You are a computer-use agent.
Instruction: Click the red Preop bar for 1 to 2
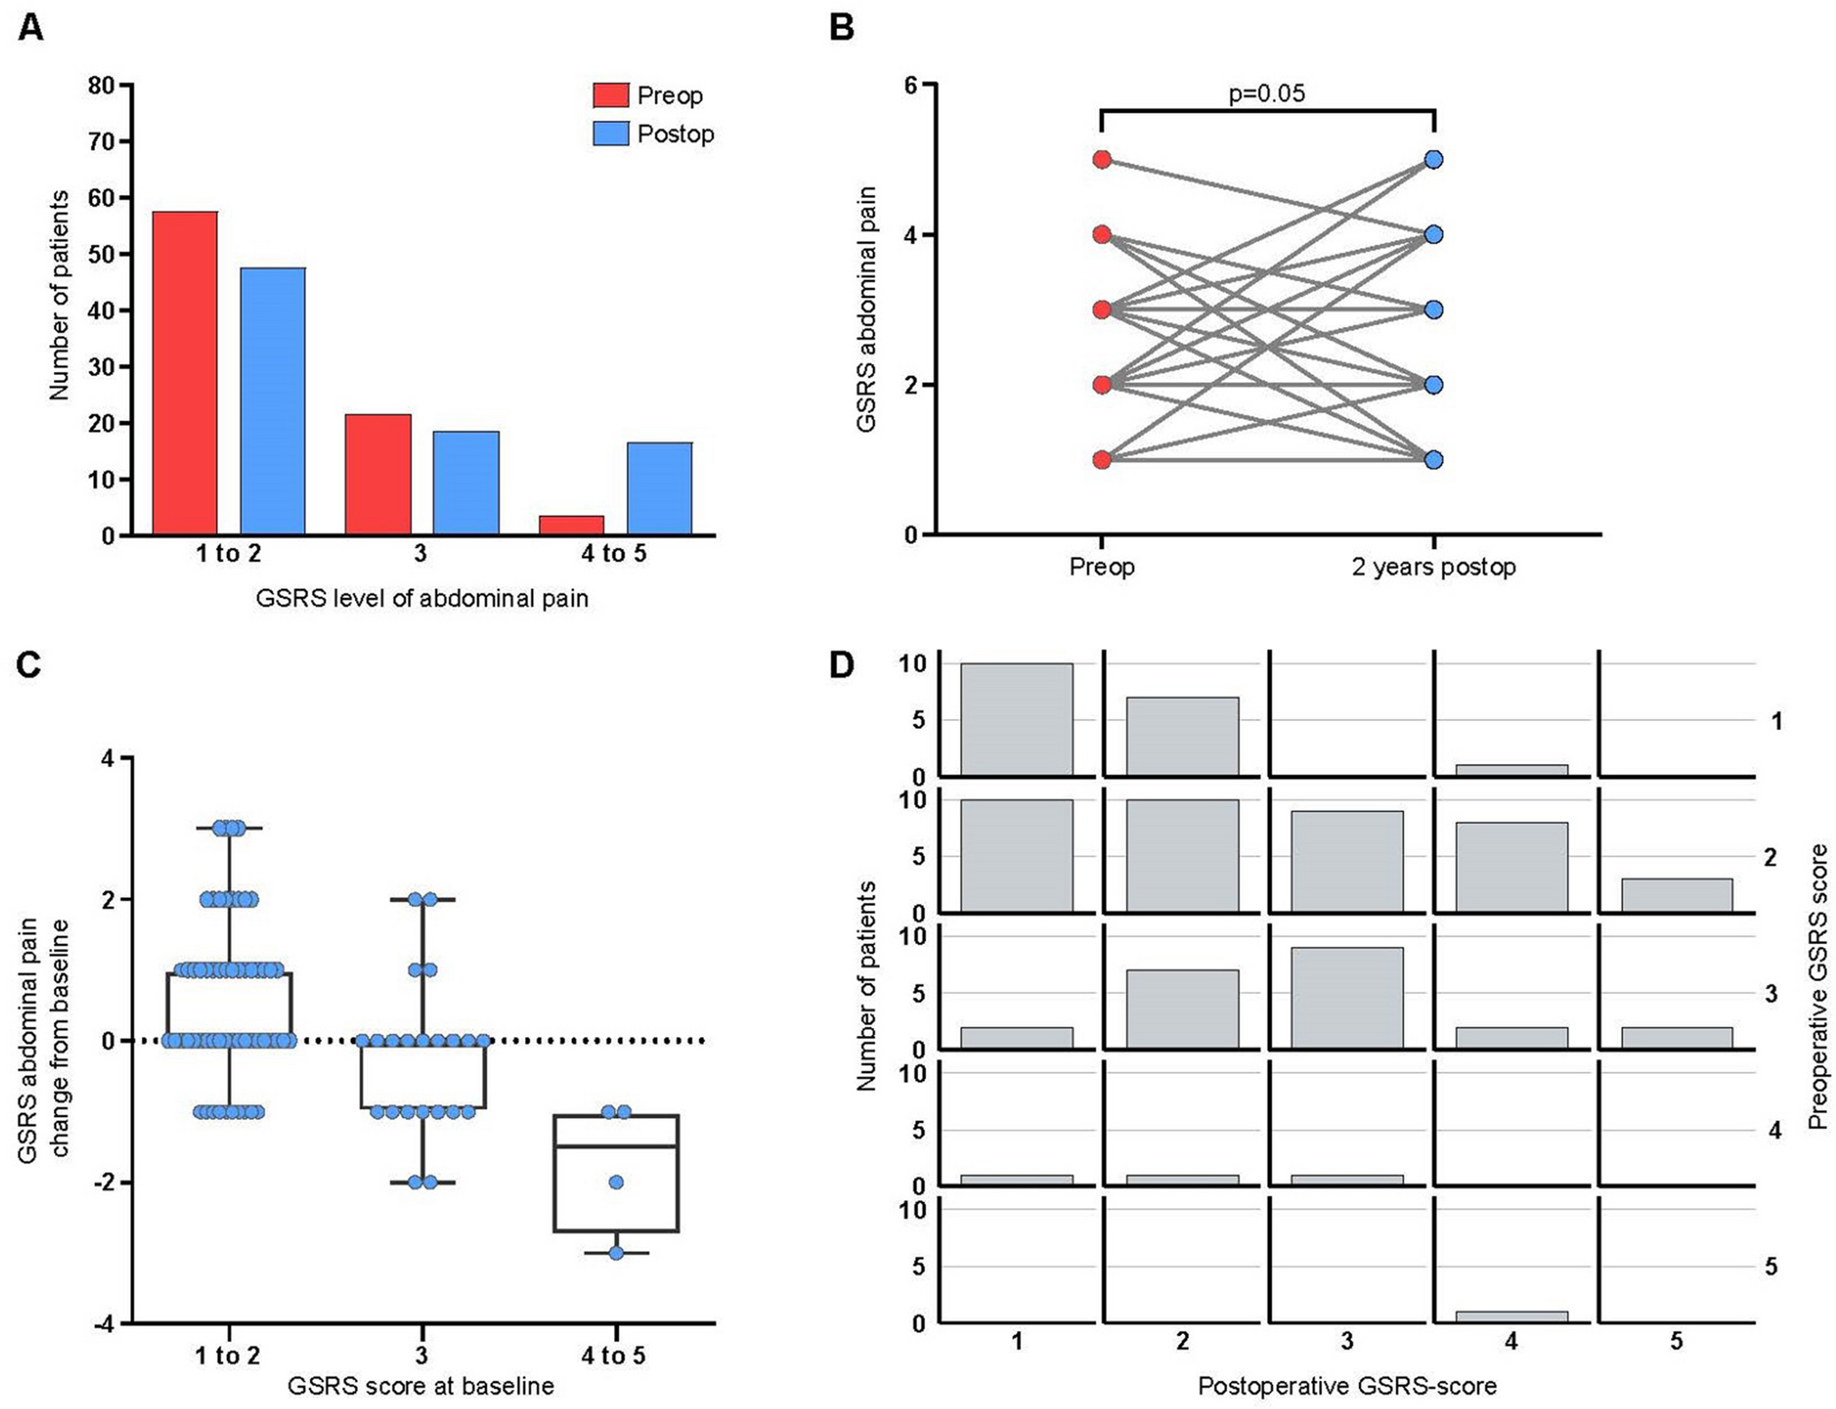coord(184,372)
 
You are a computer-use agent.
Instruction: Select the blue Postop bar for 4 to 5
coord(660,488)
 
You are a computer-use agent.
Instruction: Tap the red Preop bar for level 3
coord(378,474)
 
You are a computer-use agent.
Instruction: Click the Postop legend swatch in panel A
coord(610,134)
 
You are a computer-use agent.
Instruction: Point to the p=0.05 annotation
coord(1267,94)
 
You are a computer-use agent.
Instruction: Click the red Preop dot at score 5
coord(1101,160)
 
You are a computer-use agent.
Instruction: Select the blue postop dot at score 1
coord(1434,460)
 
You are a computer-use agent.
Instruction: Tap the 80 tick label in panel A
coord(101,86)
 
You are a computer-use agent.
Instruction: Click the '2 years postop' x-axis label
coord(1433,567)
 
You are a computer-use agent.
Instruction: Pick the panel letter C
coord(29,665)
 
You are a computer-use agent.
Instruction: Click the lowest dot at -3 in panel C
coord(616,1253)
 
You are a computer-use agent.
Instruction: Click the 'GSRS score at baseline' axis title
coord(420,1386)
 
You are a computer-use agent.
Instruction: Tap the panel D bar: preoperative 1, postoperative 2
coord(1182,736)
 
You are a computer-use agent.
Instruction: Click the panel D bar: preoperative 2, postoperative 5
coord(1676,894)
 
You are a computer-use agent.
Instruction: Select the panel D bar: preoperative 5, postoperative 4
coord(1512,1316)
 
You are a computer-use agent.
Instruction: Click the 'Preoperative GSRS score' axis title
coord(1818,986)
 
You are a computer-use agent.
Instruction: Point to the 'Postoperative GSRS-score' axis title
coord(1346,1386)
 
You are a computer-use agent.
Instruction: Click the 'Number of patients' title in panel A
coord(59,294)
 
